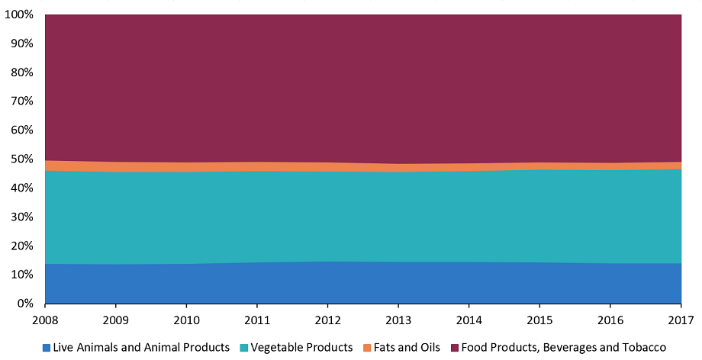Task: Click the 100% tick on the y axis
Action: click(19, 14)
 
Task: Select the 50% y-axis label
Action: click(21, 159)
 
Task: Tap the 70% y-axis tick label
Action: click(21, 101)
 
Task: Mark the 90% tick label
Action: click(21, 43)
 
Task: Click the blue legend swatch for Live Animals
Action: click(47, 347)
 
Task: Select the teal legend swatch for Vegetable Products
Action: click(244, 347)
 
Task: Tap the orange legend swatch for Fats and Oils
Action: click(366, 347)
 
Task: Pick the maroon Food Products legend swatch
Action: click(455, 347)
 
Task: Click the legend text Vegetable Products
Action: click(301, 347)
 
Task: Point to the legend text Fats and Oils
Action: click(406, 347)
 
